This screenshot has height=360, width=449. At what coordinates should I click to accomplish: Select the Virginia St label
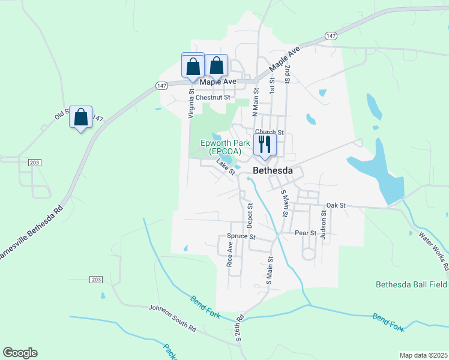click(x=191, y=104)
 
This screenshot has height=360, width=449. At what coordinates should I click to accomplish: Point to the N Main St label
click(x=255, y=101)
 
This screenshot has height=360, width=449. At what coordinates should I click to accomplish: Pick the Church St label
click(x=268, y=132)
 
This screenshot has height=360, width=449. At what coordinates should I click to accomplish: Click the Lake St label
click(x=226, y=166)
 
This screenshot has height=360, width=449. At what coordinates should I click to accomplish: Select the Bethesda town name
click(x=273, y=171)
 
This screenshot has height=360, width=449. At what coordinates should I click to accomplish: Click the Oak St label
click(x=336, y=206)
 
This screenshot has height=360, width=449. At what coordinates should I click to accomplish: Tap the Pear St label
click(x=306, y=233)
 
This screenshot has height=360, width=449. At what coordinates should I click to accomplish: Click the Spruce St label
click(x=241, y=236)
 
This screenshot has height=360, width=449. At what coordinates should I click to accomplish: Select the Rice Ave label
click(x=229, y=254)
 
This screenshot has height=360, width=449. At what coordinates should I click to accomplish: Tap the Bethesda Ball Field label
click(x=411, y=284)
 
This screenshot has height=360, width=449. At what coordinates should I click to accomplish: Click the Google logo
click(x=20, y=353)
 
